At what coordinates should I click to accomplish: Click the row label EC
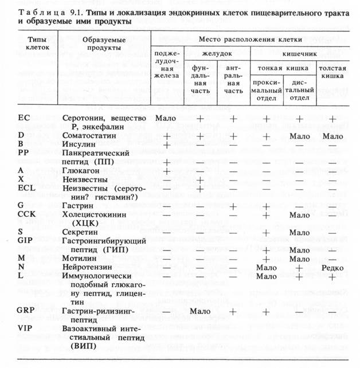[24, 118]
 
